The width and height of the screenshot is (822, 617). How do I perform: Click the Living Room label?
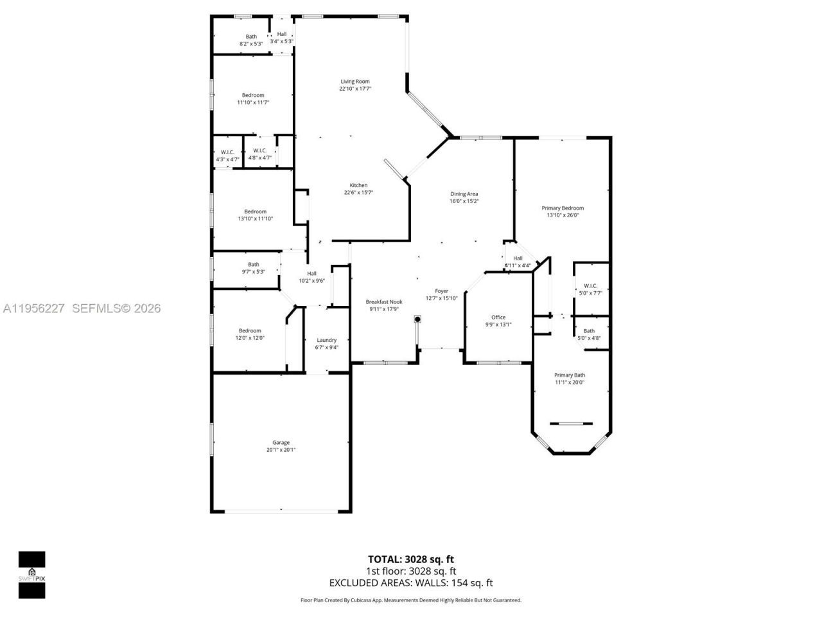pyautogui.click(x=354, y=82)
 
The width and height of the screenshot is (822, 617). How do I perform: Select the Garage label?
pyautogui.click(x=281, y=442)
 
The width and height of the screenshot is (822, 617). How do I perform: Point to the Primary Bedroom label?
pyautogui.click(x=563, y=208)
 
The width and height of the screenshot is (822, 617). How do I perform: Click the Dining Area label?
pyautogui.click(x=464, y=194)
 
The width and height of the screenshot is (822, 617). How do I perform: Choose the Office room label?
pyautogui.click(x=498, y=317)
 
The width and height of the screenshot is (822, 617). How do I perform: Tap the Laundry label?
pyautogui.click(x=326, y=340)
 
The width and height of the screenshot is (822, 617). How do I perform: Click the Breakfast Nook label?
pyautogui.click(x=384, y=301)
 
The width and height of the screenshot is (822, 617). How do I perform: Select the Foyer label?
pyautogui.click(x=441, y=291)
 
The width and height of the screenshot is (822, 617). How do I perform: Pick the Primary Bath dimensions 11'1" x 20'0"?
pyautogui.click(x=570, y=382)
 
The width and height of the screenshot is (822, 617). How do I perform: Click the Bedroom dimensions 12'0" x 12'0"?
pyautogui.click(x=250, y=338)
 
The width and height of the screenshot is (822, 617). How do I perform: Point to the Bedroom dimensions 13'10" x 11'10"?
pyautogui.click(x=255, y=219)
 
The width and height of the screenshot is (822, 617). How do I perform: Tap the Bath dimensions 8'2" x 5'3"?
pyautogui.click(x=251, y=44)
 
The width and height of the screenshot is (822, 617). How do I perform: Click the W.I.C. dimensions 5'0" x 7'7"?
pyautogui.click(x=590, y=293)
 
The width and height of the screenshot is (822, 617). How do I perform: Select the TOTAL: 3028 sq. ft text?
pyautogui.click(x=410, y=559)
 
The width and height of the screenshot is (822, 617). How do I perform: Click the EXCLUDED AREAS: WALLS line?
pyautogui.click(x=410, y=583)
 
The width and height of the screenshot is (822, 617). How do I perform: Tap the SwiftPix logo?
pyautogui.click(x=31, y=575)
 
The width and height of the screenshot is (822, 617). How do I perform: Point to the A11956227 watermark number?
pyautogui.click(x=33, y=308)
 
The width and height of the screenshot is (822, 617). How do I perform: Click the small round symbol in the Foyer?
pyautogui.click(x=417, y=318)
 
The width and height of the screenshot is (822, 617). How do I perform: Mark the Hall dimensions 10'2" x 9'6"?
pyautogui.click(x=311, y=281)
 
